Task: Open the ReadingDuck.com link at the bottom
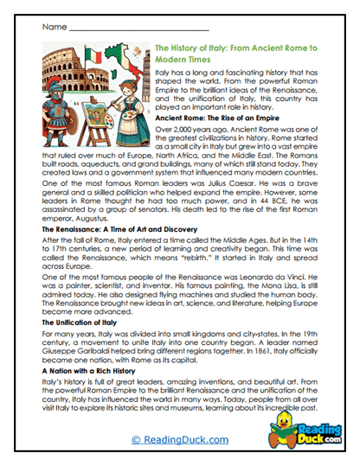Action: (x=178, y=440)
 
